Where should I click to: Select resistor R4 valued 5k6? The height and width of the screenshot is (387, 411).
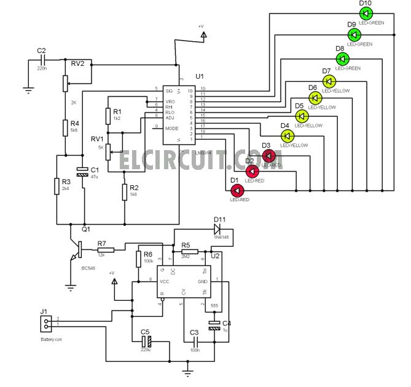point(65,127)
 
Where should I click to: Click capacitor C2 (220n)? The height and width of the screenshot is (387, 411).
point(42,60)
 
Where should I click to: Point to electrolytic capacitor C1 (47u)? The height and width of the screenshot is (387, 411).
point(82,173)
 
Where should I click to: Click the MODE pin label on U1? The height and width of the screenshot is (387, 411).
point(171,128)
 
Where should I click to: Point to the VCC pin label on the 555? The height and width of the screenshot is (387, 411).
point(165,281)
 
